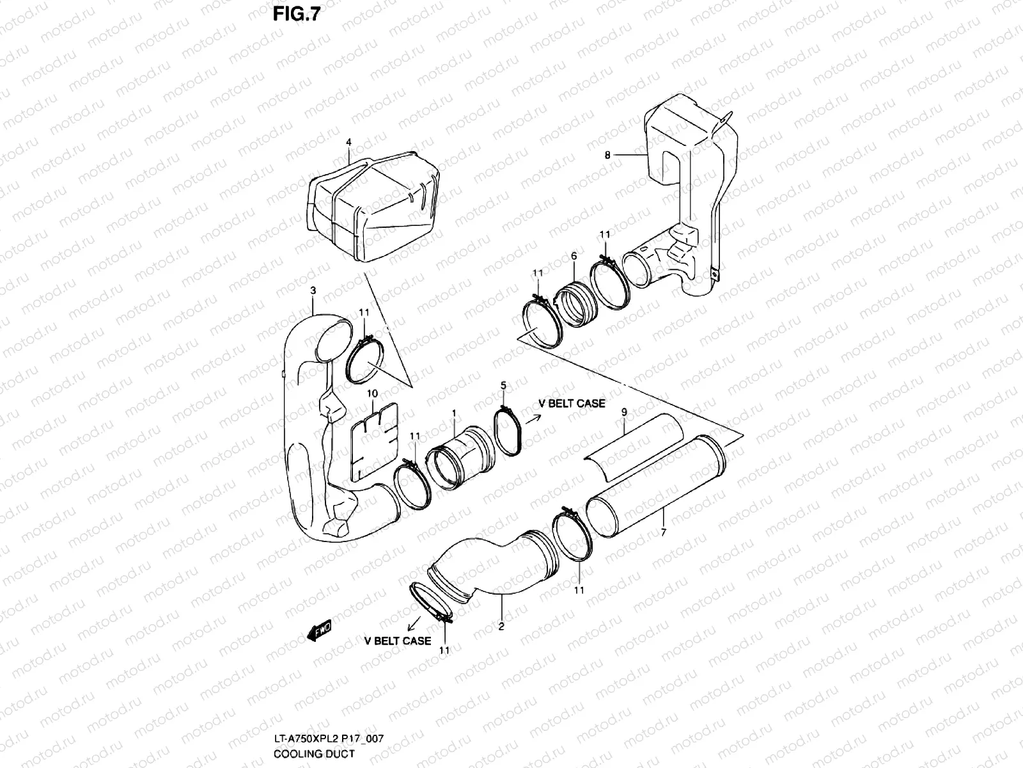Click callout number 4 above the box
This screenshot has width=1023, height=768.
pyautogui.click(x=349, y=141)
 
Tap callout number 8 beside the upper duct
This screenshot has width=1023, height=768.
pyautogui.click(x=607, y=155)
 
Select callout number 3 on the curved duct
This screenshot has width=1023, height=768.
pyautogui.click(x=313, y=291)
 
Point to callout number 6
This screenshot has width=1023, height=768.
pyautogui.click(x=574, y=256)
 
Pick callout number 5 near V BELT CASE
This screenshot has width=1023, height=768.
pyautogui.click(x=503, y=385)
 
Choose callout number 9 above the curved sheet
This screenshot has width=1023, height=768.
pyautogui.click(x=624, y=413)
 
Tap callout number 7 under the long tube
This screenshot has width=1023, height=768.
pyautogui.click(x=663, y=532)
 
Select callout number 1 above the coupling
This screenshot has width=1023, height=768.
pyautogui.click(x=453, y=413)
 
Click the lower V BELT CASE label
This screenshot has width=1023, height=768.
pyautogui.click(x=398, y=640)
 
